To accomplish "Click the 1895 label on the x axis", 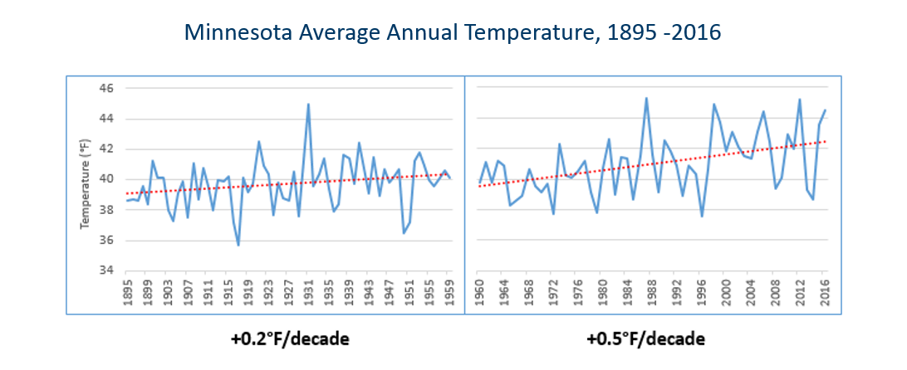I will (126, 290).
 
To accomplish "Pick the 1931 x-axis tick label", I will (308, 290).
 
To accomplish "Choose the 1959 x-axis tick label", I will (449, 290).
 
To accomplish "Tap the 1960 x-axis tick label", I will (479, 290).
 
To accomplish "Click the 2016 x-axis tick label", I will (825, 290).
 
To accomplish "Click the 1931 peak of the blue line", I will (308, 105).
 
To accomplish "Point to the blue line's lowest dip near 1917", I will (238, 245).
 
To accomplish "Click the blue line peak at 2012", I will (800, 100).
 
